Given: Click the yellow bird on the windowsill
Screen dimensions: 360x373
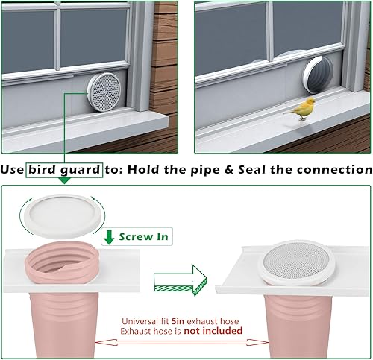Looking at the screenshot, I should pos(303,109).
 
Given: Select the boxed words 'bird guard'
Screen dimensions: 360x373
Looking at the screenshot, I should pos(64,170).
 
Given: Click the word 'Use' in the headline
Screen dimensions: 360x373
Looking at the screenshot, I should pos(13,170).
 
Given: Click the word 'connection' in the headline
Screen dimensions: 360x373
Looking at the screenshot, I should pos(333,170).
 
